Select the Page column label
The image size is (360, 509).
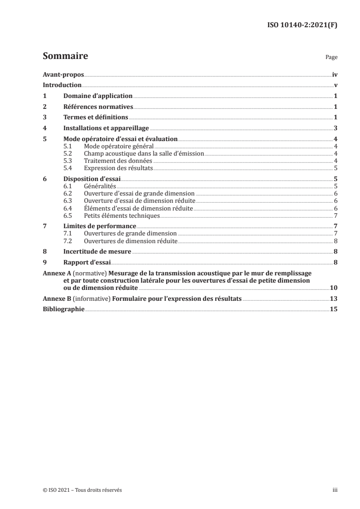[331, 58]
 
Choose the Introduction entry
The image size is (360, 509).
[62, 85]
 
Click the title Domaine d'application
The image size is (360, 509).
[98, 96]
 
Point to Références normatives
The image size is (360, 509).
[98, 107]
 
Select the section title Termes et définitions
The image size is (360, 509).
[95, 117]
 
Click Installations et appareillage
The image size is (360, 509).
[103, 128]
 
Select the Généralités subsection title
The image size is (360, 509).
[100, 186]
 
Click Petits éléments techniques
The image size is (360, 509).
[122, 215]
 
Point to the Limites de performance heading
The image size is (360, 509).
[99, 226]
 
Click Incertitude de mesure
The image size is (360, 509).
[97, 251]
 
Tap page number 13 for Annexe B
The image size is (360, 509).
[333, 300]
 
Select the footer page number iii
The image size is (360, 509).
[335, 490]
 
